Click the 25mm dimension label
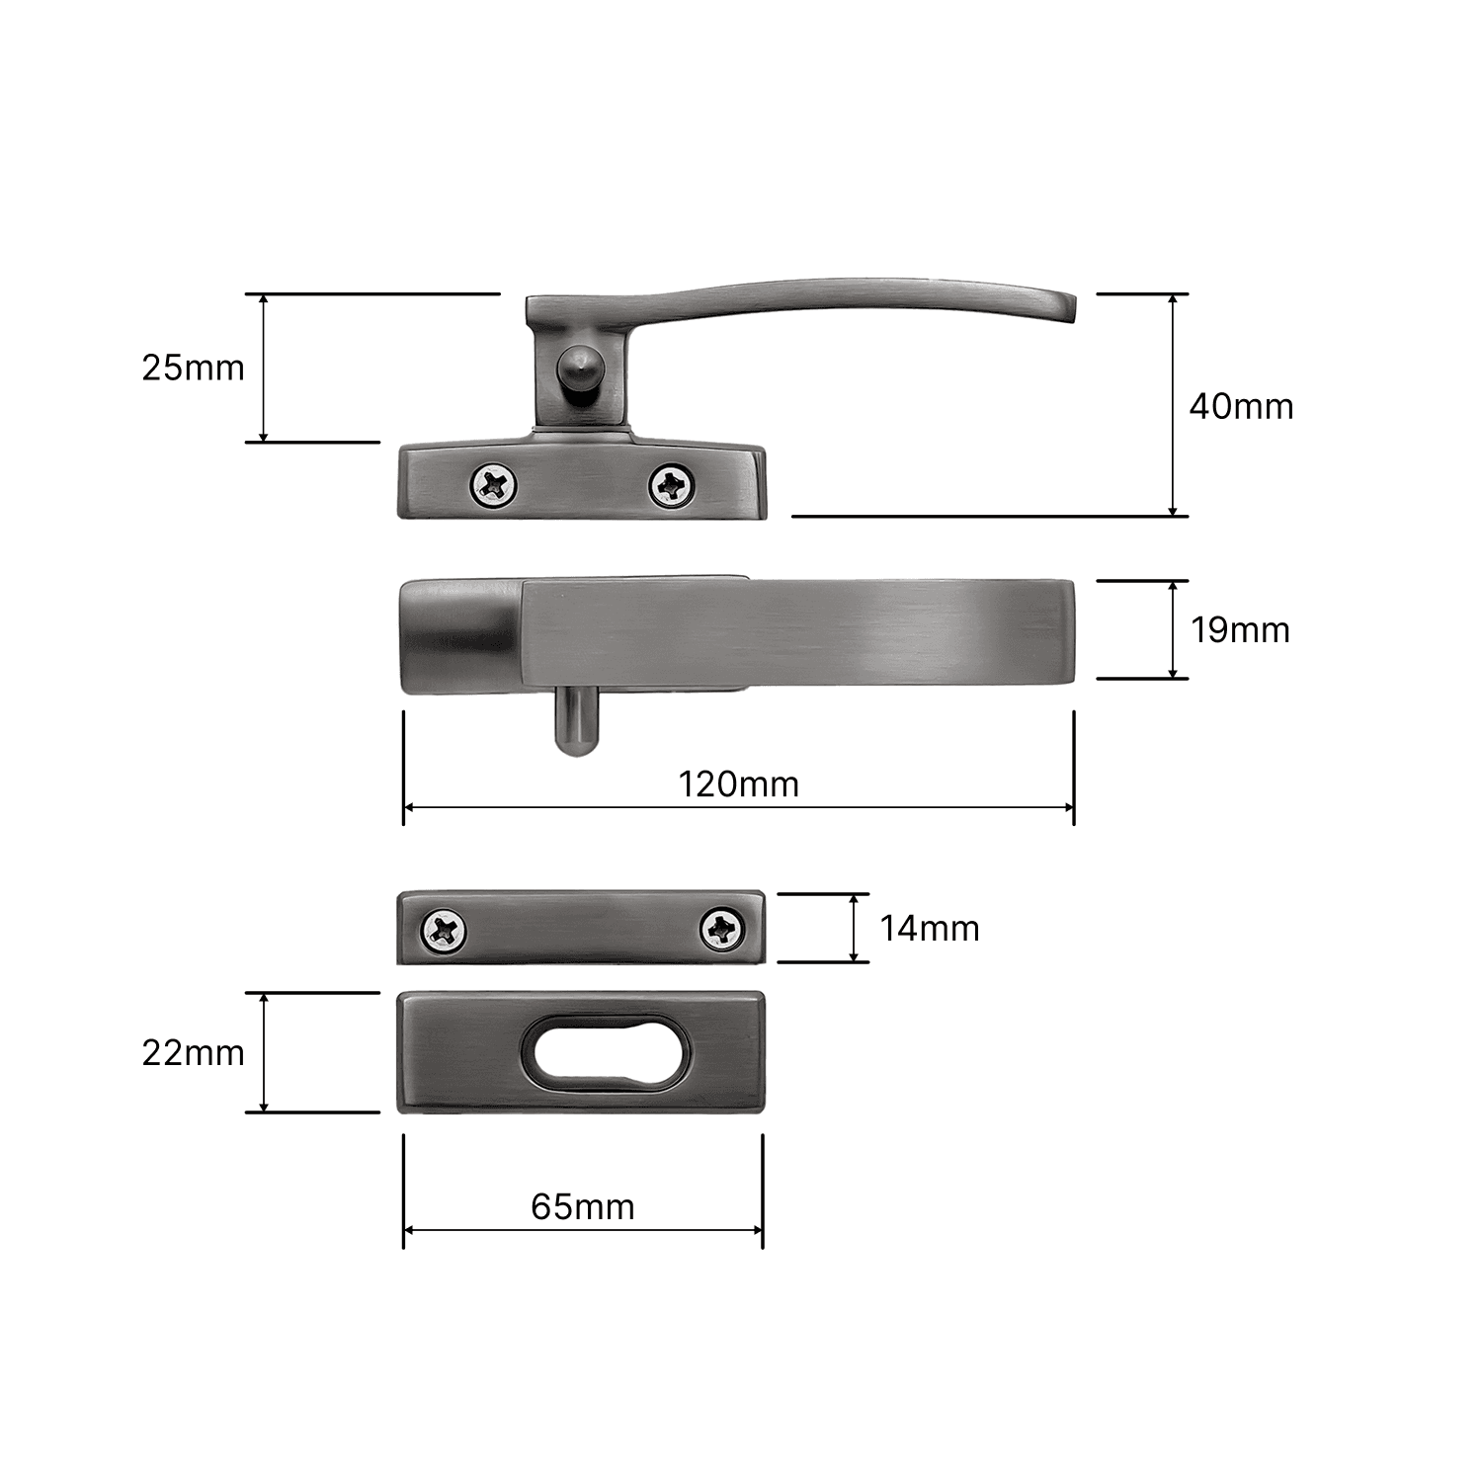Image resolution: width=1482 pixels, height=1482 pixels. [x=193, y=368]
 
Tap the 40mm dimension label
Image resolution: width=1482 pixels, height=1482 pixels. [x=1241, y=406]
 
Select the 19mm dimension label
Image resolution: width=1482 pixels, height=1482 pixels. [x=1240, y=629]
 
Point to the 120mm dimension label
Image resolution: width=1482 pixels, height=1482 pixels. [x=738, y=783]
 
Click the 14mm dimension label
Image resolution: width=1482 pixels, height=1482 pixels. [x=930, y=928]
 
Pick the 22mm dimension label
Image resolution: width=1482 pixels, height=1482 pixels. [x=193, y=1052]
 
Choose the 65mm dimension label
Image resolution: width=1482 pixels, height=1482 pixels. [x=582, y=1206]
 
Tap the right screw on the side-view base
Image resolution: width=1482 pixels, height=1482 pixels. [x=671, y=484]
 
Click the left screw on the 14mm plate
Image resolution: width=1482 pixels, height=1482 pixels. [x=444, y=930]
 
